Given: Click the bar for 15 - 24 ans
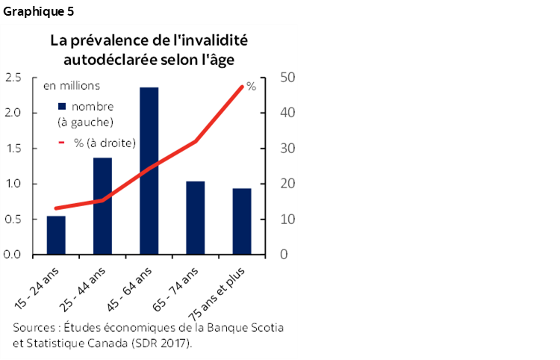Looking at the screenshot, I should click(x=56, y=235).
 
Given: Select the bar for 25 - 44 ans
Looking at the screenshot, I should click(x=102, y=206).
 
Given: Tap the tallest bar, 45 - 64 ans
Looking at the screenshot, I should click(x=149, y=171).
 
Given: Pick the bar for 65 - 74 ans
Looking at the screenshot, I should click(x=195, y=218).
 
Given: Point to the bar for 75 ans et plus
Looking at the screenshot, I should click(x=241, y=221).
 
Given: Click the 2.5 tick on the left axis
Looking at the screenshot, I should click(x=13, y=78).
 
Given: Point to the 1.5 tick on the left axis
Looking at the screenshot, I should click(x=13, y=149).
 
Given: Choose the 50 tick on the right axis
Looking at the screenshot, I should click(x=287, y=78).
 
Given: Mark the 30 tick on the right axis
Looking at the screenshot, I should click(x=287, y=149).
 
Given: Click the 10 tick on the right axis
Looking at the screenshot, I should click(x=287, y=220).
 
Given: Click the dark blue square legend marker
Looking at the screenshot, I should click(x=62, y=106).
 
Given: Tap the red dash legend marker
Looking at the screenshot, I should click(x=62, y=142).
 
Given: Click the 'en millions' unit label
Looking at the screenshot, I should click(x=72, y=87).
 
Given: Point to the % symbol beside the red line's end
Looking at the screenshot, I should click(x=251, y=87).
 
